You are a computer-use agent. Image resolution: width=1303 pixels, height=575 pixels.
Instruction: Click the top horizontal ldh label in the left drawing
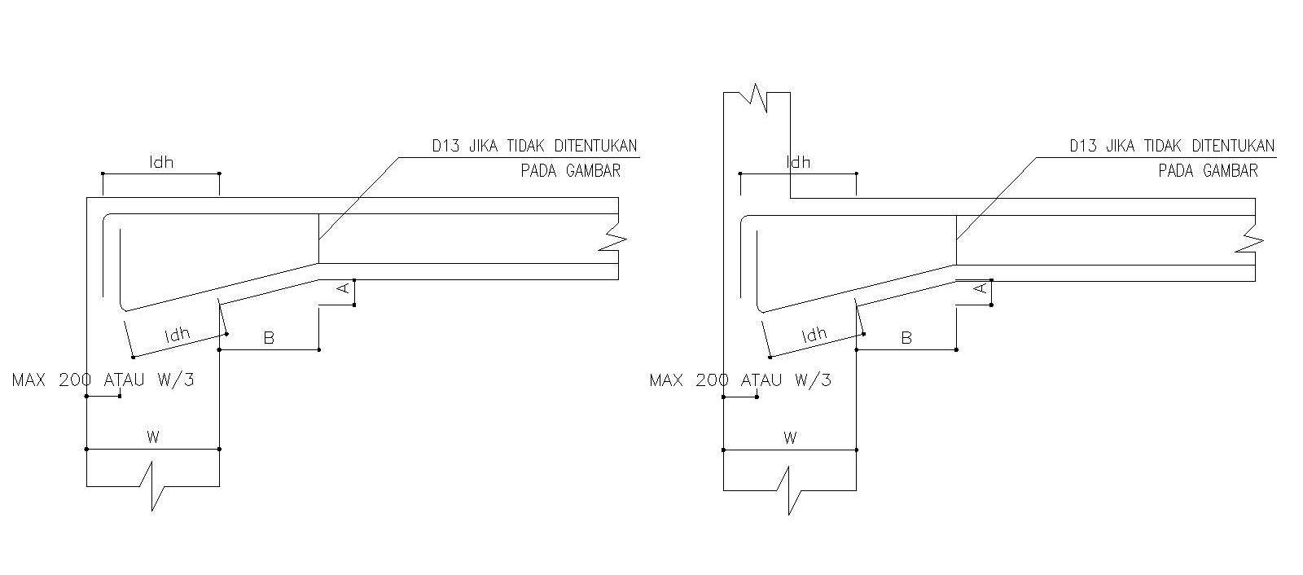pyautogui.click(x=161, y=162)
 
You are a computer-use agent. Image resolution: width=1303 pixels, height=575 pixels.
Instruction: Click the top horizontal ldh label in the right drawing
pyautogui.click(x=798, y=162)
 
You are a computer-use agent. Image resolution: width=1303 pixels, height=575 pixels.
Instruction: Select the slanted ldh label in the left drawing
pyautogui.click(x=177, y=334)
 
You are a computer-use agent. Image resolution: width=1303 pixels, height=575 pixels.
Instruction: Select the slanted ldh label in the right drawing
pyautogui.click(x=814, y=334)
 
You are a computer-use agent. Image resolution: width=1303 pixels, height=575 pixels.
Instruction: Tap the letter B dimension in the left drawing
pyautogui.click(x=270, y=338)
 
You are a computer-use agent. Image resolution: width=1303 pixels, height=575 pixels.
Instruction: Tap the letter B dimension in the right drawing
pyautogui.click(x=906, y=338)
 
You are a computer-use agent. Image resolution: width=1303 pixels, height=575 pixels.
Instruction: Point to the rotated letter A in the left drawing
pyautogui.click(x=344, y=288)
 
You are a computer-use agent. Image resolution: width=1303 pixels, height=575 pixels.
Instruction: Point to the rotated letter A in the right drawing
pyautogui.click(x=981, y=288)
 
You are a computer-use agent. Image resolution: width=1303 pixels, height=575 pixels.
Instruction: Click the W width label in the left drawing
pyautogui.click(x=152, y=437)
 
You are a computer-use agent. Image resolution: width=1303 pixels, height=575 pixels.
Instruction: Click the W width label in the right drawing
pyautogui.click(x=789, y=437)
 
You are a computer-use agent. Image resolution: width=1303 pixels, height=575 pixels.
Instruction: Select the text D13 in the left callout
pyautogui.click(x=447, y=147)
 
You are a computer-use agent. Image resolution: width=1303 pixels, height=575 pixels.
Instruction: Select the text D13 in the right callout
pyautogui.click(x=1084, y=147)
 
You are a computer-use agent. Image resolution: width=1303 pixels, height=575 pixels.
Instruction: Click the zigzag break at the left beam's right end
pyautogui.click(x=615, y=239)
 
